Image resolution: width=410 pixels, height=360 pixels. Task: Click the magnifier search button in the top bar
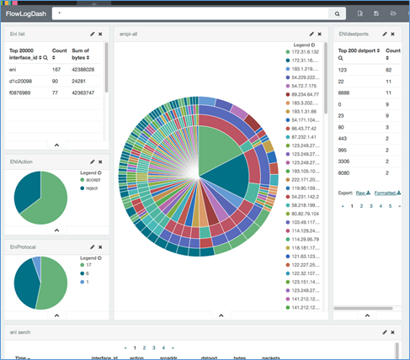(338, 14)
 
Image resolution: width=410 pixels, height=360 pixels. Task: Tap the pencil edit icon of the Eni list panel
(92, 34)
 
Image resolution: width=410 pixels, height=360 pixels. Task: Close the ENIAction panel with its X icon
(99, 161)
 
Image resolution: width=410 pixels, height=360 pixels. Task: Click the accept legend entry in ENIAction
(91, 180)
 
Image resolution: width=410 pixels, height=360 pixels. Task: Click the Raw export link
(359, 192)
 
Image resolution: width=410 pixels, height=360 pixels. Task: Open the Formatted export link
(387, 192)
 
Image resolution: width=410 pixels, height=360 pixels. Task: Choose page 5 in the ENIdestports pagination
(389, 205)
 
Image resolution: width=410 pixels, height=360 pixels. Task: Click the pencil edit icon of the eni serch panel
(386, 332)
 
